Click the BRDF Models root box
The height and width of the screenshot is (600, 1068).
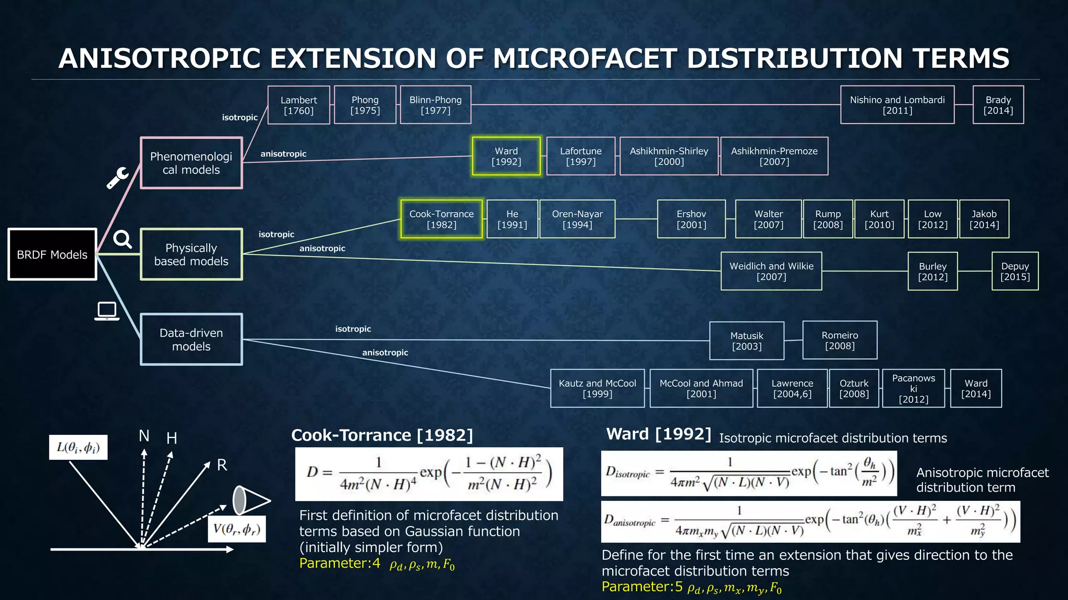[52, 254]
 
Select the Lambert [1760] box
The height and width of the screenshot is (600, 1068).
[299, 105]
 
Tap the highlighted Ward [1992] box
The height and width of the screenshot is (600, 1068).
[506, 156]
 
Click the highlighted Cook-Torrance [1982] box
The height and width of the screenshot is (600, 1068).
[442, 219]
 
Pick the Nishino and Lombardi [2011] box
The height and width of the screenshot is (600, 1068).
[897, 105]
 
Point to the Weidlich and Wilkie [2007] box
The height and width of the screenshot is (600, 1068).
[771, 271]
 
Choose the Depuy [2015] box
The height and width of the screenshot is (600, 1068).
[1015, 271]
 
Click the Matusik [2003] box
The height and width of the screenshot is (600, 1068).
[747, 341]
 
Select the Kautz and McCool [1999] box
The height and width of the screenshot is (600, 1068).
[598, 388]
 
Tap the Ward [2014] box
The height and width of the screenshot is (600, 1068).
[976, 388]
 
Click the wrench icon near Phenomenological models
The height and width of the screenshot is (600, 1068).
[118, 178]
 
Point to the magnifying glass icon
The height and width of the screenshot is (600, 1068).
[123, 239]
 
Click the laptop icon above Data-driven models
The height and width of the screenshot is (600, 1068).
[107, 311]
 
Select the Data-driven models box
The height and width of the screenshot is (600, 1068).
[191, 339]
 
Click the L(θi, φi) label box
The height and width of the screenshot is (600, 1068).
[78, 447]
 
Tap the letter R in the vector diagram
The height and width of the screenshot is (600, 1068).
[222, 465]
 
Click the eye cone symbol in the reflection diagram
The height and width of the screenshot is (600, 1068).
[250, 500]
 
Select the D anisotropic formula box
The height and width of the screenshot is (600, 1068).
[810, 522]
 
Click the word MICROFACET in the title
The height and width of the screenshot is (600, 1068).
[585, 58]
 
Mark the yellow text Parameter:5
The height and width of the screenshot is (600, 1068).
[642, 587]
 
